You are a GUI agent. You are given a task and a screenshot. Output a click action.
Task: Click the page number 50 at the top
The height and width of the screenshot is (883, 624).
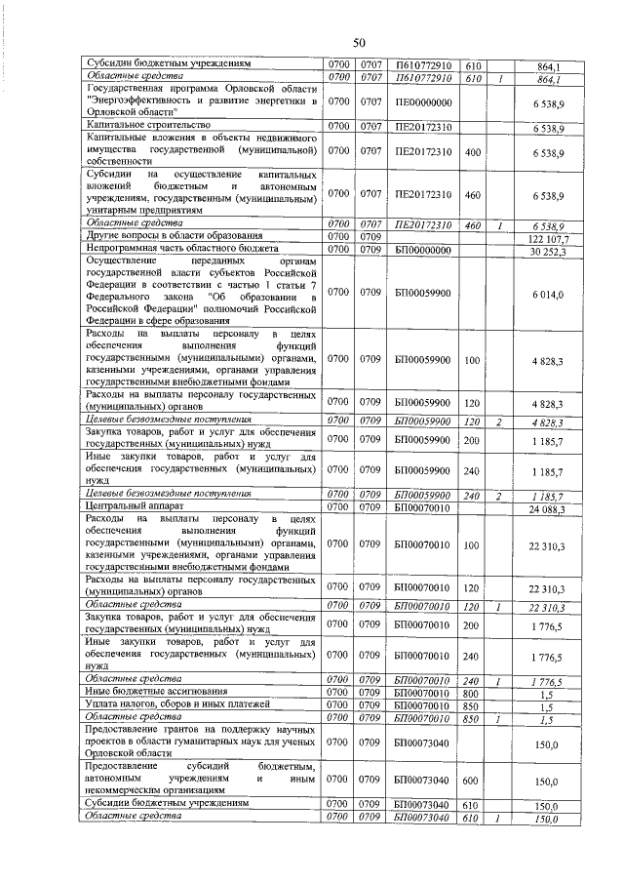click(359, 43)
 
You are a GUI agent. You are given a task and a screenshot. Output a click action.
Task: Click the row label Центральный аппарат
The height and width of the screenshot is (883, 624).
click(130, 507)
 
